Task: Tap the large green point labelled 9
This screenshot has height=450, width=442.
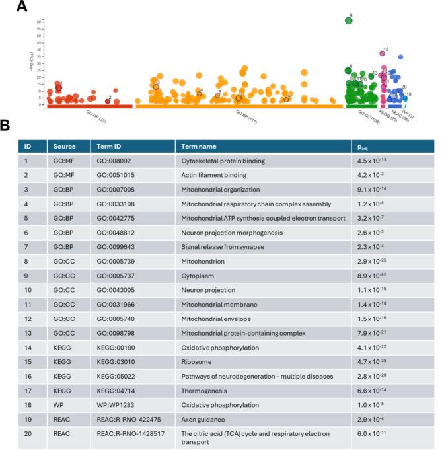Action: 348,20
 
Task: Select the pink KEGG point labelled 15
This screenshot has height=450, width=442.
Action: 381,53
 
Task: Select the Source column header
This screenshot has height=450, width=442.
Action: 65,146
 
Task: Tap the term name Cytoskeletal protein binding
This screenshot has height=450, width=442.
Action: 223,161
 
